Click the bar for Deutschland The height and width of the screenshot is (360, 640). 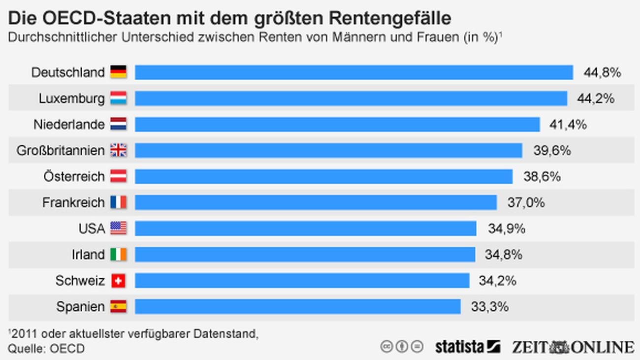click(x=353, y=72)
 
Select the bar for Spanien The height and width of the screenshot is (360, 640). click(x=297, y=307)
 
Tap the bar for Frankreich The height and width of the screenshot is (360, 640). click(x=316, y=202)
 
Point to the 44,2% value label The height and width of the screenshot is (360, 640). click(x=596, y=98)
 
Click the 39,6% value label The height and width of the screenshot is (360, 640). click(x=552, y=151)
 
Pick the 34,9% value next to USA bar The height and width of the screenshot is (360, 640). click(x=507, y=229)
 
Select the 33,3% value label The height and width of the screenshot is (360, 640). click(x=489, y=307)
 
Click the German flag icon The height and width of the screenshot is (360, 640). click(x=118, y=72)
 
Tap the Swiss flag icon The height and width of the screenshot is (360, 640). click(x=118, y=281)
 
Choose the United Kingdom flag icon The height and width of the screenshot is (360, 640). click(x=118, y=151)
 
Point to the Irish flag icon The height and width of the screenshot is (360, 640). click(x=118, y=255)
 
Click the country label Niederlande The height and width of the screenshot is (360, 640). click(x=69, y=125)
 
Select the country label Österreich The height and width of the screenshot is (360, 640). click(x=74, y=176)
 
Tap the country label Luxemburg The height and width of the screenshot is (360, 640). click(x=72, y=98)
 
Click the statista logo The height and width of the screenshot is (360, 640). click(x=467, y=347)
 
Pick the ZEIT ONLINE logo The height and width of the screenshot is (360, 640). click(x=573, y=347)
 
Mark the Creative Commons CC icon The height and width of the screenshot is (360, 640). click(x=387, y=347)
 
